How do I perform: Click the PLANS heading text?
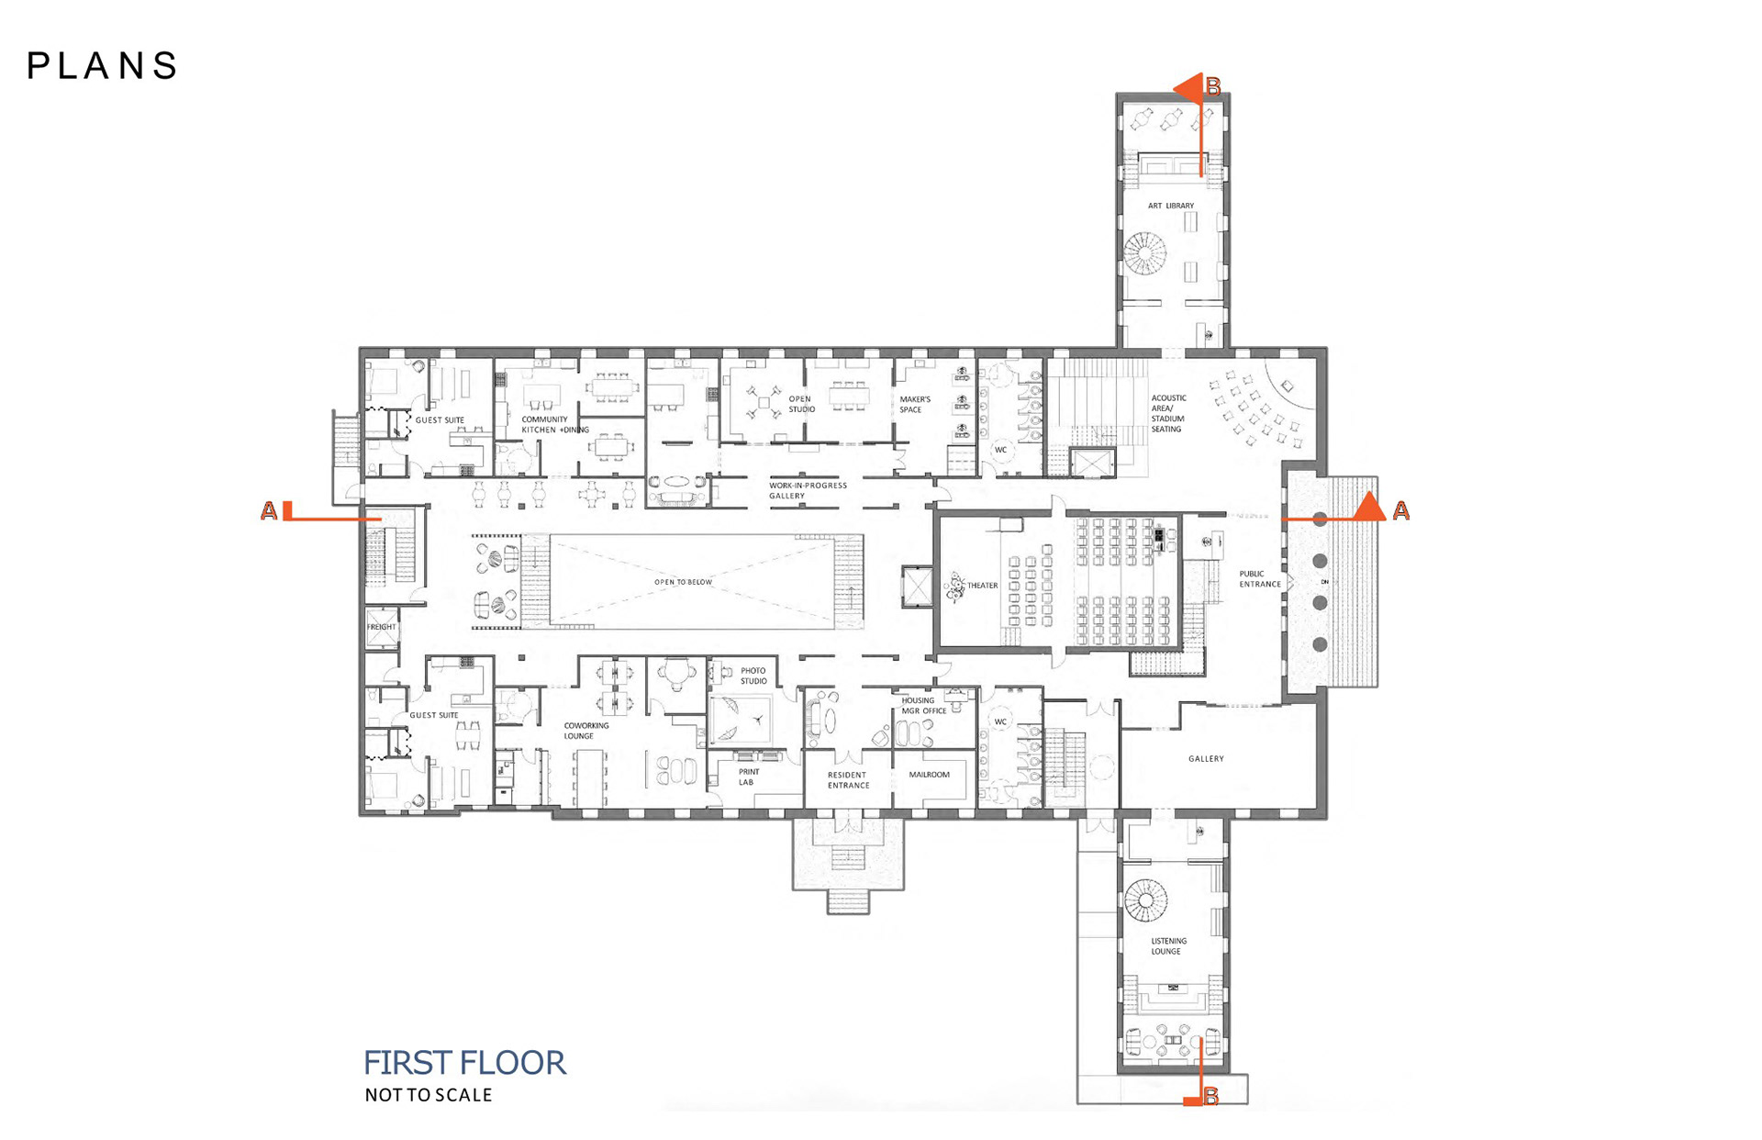[102, 65]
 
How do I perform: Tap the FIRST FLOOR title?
[464, 1063]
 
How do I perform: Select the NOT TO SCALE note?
[429, 1095]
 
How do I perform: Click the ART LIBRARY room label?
[1171, 206]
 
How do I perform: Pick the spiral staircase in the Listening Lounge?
[1145, 900]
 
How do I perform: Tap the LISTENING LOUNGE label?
[1168, 946]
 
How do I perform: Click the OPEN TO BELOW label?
[683, 582]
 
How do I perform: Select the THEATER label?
[982, 586]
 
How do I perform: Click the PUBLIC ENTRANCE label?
[1260, 579]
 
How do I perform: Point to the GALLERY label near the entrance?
[1206, 759]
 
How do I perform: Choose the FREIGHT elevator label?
[382, 627]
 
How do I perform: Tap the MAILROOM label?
[929, 775]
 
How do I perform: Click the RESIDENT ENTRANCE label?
[848, 780]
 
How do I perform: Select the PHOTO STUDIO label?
[753, 676]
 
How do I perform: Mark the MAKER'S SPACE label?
[914, 405]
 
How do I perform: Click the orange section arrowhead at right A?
[1370, 507]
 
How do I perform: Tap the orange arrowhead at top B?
[1188, 89]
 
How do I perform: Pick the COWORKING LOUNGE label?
[585, 731]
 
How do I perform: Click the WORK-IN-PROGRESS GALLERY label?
[808, 490]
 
